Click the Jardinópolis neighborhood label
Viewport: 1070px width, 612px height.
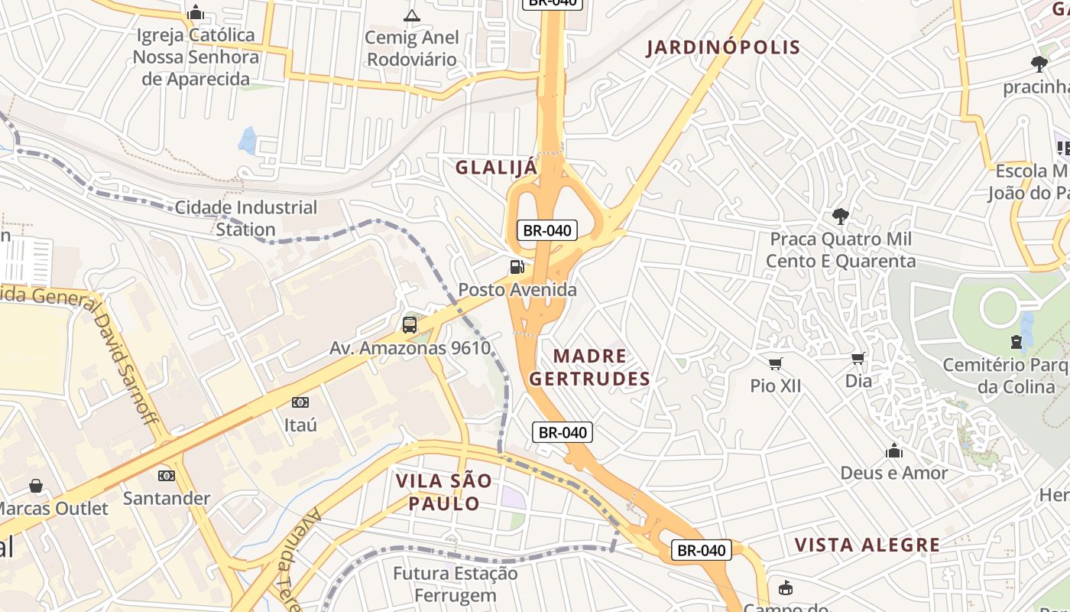point(723,47)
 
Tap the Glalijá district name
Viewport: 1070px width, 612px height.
point(497,168)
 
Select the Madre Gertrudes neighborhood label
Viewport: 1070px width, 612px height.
point(589,367)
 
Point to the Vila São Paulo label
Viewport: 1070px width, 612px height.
point(443,492)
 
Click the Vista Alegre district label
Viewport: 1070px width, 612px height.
point(867,545)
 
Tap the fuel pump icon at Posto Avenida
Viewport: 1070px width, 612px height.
point(517,267)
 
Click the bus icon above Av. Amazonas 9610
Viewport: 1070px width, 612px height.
point(410,325)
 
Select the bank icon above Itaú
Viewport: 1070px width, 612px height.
point(300,402)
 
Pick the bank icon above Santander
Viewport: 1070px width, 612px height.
point(167,476)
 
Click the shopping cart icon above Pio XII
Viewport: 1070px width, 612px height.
point(776,363)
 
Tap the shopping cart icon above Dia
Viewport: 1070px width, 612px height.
point(858,358)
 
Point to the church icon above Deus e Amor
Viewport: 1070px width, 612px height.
point(894,451)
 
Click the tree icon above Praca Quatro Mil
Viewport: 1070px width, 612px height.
point(841,216)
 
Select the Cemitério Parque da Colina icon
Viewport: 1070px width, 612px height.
point(1016,342)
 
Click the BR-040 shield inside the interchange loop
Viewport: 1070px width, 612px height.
point(546,230)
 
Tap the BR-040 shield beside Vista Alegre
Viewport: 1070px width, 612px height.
point(702,550)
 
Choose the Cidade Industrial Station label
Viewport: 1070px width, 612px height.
point(245,218)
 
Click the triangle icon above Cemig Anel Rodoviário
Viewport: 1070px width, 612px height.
point(411,15)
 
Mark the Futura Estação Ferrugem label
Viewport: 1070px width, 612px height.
point(455,584)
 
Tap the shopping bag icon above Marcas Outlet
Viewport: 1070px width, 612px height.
point(36,486)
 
